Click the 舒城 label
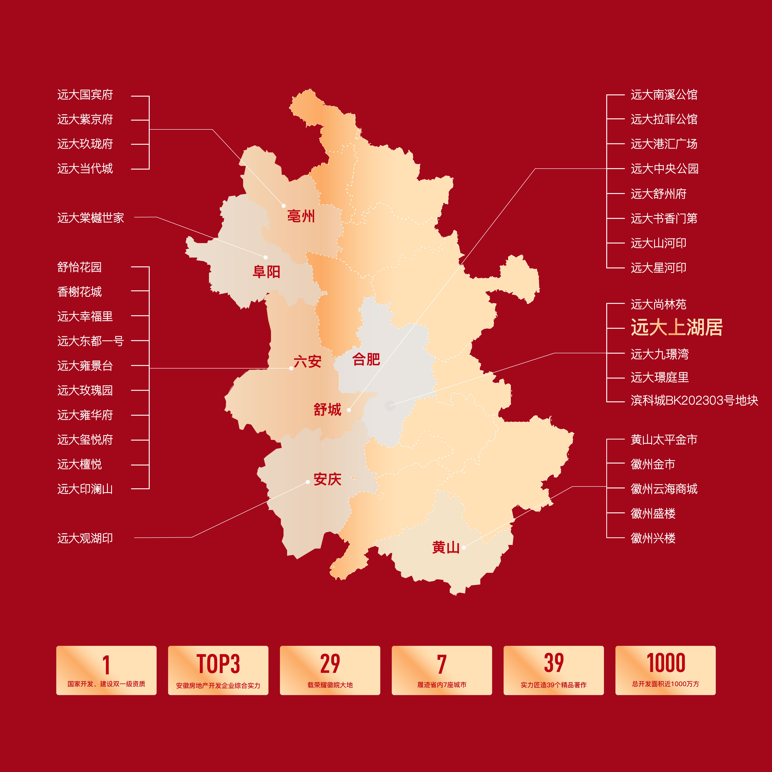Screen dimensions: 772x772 tap(327, 410)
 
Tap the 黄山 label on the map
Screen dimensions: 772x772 tap(446, 547)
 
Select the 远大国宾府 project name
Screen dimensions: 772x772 tap(85, 95)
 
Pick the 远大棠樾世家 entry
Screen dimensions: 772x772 tap(91, 218)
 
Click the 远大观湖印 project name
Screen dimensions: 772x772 tap(85, 538)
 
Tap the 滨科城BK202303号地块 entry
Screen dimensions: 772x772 tap(694, 400)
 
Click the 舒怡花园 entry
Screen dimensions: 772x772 tap(80, 267)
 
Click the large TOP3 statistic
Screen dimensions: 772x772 tap(218, 664)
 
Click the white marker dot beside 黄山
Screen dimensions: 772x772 tap(463, 547)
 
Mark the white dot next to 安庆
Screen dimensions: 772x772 tap(308, 482)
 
